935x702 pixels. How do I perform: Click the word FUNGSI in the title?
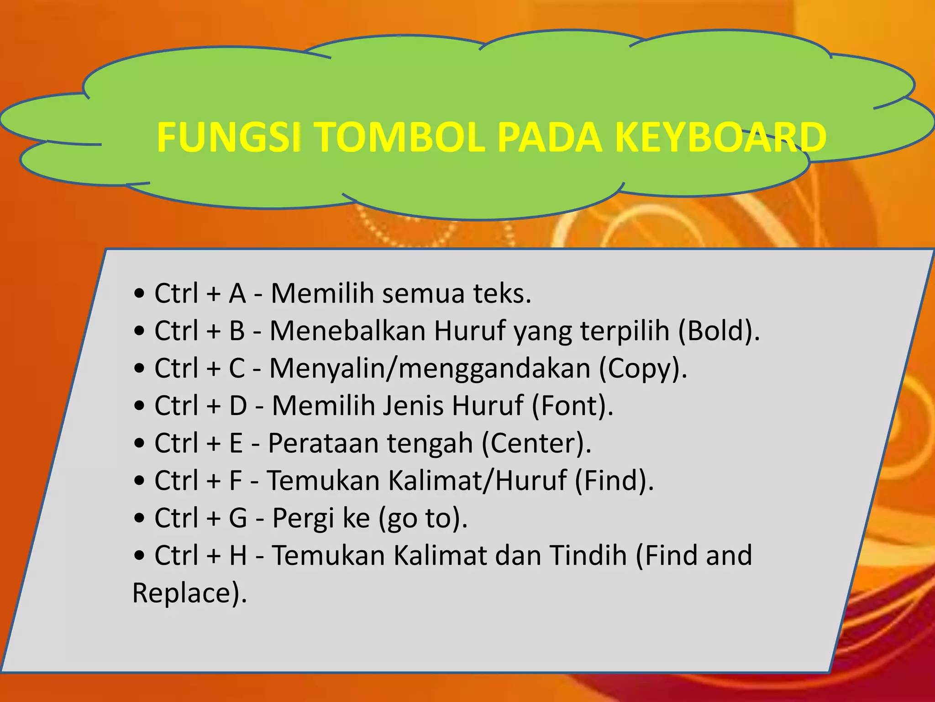click(x=228, y=137)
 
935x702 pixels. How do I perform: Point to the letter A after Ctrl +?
click(x=237, y=293)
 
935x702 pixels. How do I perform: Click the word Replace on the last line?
click(x=185, y=593)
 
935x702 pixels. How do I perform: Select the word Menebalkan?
click(x=347, y=331)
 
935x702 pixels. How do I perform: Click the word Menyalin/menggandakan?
click(x=430, y=368)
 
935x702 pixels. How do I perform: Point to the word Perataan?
click(x=323, y=443)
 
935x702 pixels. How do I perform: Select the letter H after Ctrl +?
click(x=238, y=556)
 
